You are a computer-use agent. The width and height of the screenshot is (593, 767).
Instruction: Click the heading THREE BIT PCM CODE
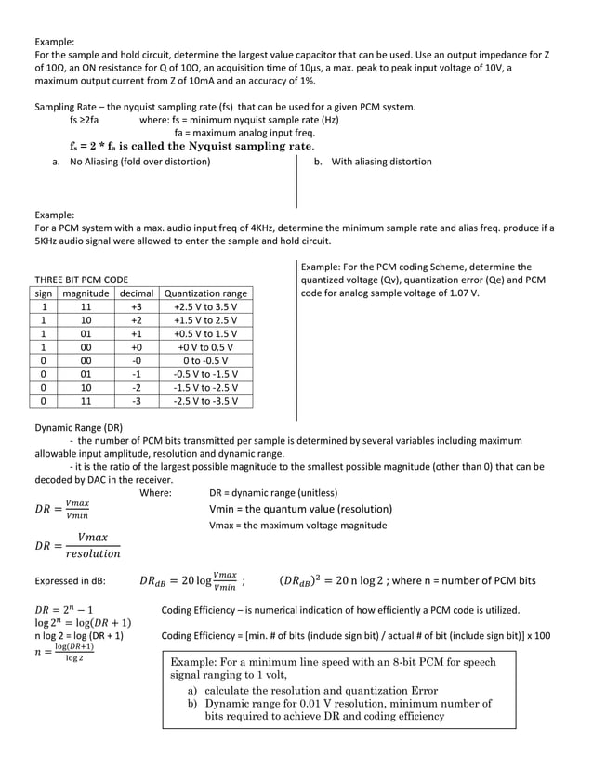82,279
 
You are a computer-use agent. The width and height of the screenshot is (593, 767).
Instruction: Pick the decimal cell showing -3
136,401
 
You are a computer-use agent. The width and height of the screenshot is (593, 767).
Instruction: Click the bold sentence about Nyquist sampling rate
191,146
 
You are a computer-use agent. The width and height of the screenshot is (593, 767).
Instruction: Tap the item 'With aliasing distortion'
374,162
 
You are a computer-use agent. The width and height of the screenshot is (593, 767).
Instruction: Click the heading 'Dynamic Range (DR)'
78,427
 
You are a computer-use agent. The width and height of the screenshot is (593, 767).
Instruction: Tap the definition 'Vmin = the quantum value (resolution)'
300,509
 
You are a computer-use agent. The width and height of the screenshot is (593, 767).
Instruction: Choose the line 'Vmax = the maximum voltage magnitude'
298,525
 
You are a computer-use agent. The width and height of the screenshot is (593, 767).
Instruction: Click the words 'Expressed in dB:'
70,582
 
